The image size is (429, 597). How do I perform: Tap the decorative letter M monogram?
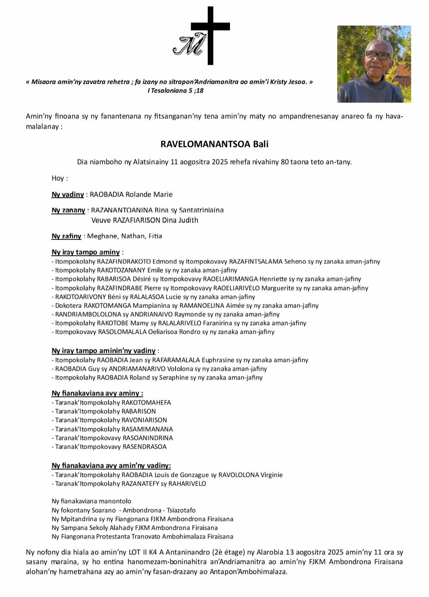189,45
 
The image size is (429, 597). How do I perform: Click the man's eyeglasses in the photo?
377,56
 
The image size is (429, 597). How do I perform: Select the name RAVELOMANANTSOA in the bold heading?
205,144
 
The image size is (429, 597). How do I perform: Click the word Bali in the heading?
261,144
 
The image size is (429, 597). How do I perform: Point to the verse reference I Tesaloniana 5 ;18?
176,91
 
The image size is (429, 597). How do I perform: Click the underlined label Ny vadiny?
68,195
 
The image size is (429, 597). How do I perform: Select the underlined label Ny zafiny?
66,236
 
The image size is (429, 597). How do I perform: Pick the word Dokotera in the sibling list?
68,306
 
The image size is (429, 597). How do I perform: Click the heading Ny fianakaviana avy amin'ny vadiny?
111,466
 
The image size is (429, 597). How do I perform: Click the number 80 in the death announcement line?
284,162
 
